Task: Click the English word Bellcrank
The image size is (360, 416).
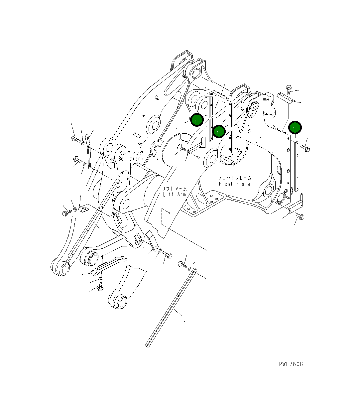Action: pos(131,159)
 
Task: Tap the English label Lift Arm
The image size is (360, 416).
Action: pos(175,194)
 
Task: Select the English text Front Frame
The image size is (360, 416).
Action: pos(234,184)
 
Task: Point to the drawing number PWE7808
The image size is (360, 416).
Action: pos(291,364)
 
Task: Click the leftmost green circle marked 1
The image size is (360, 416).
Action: pos(197,120)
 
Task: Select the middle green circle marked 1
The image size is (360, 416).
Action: pos(219,132)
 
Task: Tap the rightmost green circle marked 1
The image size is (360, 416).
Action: pos(295,127)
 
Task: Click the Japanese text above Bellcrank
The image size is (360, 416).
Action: pos(131,153)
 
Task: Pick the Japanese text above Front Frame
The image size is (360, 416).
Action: pos(234,178)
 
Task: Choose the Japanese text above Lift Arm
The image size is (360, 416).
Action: pos(175,189)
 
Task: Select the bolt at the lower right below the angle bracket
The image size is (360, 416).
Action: pos(300,216)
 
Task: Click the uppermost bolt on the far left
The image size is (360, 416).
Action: pos(75,139)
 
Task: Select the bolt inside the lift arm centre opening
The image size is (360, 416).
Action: pos(181,148)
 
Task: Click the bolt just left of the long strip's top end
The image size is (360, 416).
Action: pos(182,265)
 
